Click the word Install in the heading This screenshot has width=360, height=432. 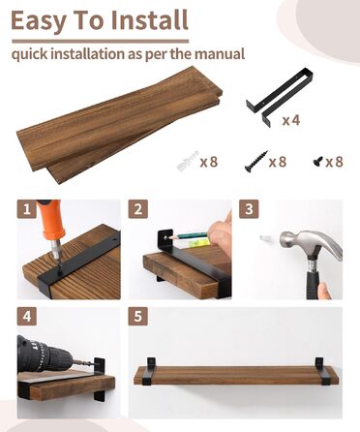(x=149, y=20)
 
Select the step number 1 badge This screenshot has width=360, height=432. (x=27, y=209)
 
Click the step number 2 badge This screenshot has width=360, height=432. (x=138, y=209)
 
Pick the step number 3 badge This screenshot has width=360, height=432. (x=249, y=209)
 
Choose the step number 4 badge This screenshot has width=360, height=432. (x=27, y=316)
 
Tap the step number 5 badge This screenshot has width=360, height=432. (x=138, y=316)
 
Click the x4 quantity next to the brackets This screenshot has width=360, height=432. (x=291, y=120)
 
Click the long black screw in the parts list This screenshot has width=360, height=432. (x=256, y=161)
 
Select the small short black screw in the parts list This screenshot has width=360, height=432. (x=318, y=161)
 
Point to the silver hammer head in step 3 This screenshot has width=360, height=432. (x=311, y=245)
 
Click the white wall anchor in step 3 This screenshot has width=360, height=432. (x=265, y=238)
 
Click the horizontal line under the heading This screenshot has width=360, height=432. (x=101, y=42)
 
